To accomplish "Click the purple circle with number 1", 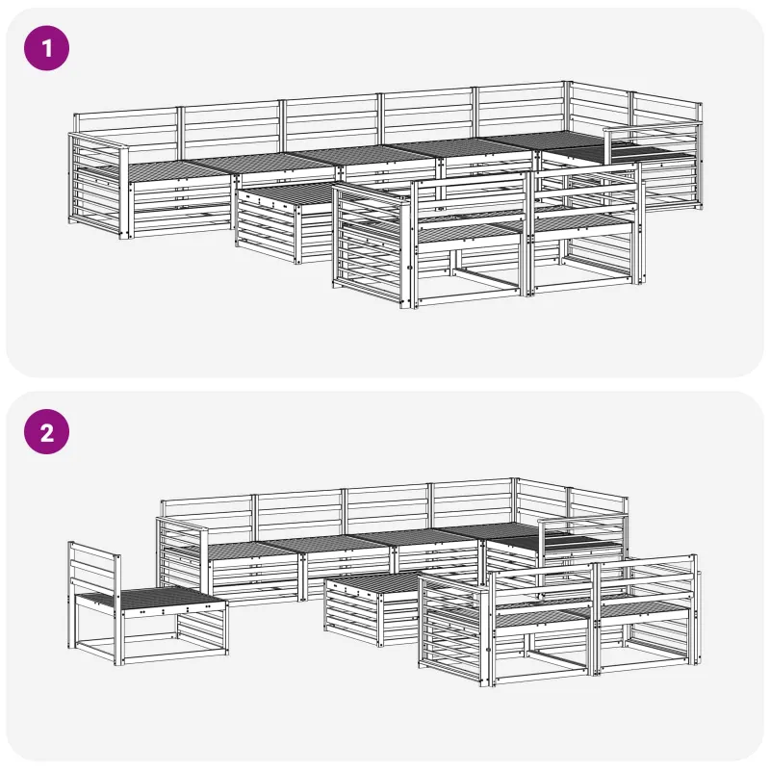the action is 46,48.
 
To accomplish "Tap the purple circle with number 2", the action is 46,431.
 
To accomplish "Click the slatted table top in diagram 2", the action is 373,583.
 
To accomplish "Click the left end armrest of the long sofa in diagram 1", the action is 98,186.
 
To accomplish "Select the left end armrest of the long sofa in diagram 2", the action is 182,556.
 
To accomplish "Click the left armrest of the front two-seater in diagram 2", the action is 454,629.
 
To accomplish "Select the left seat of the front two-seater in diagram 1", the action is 469,232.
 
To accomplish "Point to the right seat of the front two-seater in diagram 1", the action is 582,222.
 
